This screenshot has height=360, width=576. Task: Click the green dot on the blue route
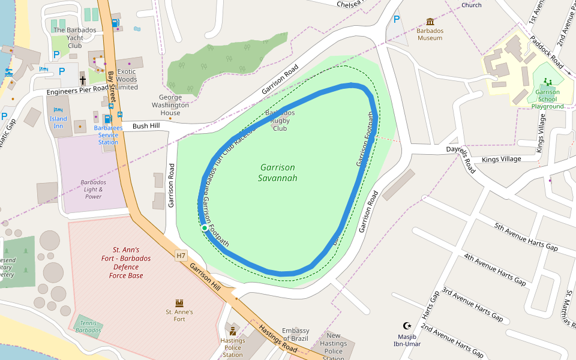(205, 228)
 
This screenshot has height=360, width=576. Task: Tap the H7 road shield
(181, 256)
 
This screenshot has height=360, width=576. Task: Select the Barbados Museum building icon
(430, 22)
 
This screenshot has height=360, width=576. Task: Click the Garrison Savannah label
(278, 173)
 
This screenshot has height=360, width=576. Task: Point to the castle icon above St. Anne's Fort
(179, 303)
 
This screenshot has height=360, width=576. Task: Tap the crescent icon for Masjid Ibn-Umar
(407, 326)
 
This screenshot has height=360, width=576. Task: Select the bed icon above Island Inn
(58, 110)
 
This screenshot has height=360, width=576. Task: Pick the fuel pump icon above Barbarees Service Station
(108, 118)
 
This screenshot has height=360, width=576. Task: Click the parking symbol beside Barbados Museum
(396, 19)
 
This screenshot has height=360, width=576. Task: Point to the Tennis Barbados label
(88, 326)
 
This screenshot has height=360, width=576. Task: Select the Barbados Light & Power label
(93, 189)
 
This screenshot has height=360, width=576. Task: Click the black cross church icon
(83, 80)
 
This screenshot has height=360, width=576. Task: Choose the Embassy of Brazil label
(296, 335)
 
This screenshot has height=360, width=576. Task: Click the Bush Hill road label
(146, 126)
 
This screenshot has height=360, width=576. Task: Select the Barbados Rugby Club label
(280, 120)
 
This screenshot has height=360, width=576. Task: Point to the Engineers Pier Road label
(77, 91)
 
